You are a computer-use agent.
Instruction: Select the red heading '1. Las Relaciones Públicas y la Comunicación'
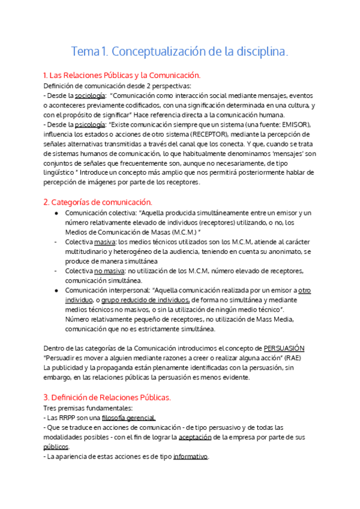(122, 76)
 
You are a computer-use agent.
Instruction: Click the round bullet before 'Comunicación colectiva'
(56, 213)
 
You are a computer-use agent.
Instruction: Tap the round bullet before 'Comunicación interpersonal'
(56, 291)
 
